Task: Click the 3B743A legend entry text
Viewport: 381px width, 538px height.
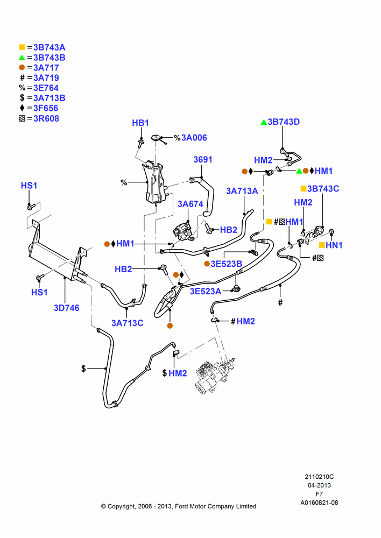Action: point(50,47)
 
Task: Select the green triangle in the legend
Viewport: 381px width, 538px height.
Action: point(22,58)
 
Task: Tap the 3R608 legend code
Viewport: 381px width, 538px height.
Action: point(46,118)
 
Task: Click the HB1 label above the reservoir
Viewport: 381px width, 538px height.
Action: point(140,123)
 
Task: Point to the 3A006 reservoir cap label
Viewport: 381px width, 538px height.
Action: point(194,138)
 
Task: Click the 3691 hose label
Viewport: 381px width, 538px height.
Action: point(203,160)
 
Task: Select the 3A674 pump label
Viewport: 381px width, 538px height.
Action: point(190,204)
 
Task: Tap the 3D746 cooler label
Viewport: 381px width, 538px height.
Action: point(67,308)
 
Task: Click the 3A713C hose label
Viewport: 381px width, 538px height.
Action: point(128,323)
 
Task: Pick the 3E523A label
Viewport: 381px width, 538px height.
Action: point(206,291)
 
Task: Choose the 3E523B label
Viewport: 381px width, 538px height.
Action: point(227,264)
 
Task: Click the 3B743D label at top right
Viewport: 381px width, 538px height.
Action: point(284,122)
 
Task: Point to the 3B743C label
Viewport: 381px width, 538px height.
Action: point(323,189)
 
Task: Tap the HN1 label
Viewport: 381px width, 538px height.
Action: point(334,245)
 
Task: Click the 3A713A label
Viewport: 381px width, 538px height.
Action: point(242,191)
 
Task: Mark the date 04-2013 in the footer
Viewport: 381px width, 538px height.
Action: point(319,485)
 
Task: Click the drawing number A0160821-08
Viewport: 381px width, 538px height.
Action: point(319,502)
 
